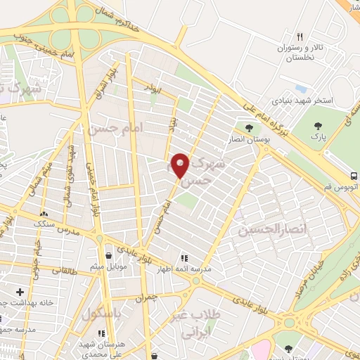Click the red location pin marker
(181, 166)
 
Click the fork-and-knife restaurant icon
(300, 37)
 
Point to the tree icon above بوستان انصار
(249, 128)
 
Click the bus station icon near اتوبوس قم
(354, 176)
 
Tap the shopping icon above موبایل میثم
(108, 255)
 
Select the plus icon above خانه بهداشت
(20, 291)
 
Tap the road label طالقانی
(63, 270)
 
